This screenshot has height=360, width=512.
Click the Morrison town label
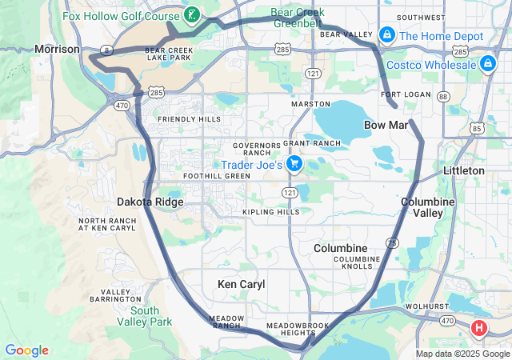coord(58,50)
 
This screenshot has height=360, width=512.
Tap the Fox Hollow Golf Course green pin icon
coord(191,14)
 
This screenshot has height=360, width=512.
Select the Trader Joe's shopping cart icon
coord(294,164)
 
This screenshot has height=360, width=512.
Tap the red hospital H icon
coord(479,328)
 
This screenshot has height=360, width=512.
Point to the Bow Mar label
coord(386,125)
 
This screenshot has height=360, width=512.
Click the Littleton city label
coord(464,170)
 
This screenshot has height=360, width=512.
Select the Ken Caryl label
coord(241,284)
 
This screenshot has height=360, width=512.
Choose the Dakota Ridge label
coord(150,202)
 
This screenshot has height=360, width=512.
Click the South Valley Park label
coord(150,316)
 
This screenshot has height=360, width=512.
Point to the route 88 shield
coord(444,96)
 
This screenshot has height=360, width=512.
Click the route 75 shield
coord(391,242)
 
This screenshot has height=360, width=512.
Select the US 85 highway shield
coord(477,127)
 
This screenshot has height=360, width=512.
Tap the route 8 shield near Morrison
coord(106,50)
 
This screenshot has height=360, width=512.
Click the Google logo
coord(26,350)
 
